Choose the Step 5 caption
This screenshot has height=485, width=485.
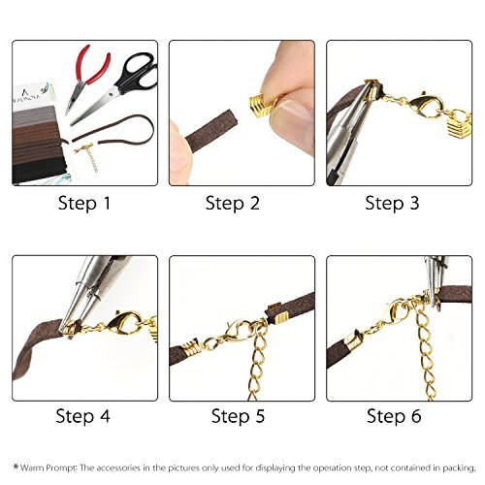241,417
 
